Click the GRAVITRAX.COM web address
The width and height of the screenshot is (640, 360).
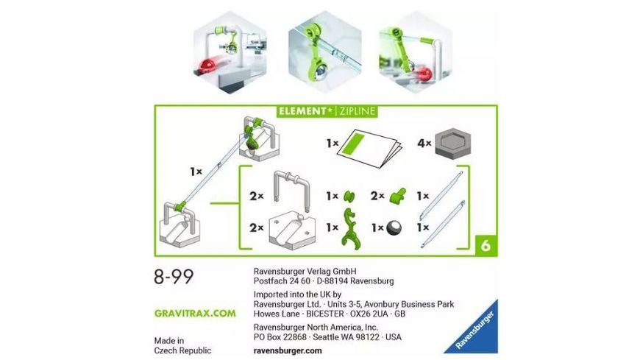(195, 313)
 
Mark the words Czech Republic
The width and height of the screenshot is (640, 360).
(182, 350)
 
